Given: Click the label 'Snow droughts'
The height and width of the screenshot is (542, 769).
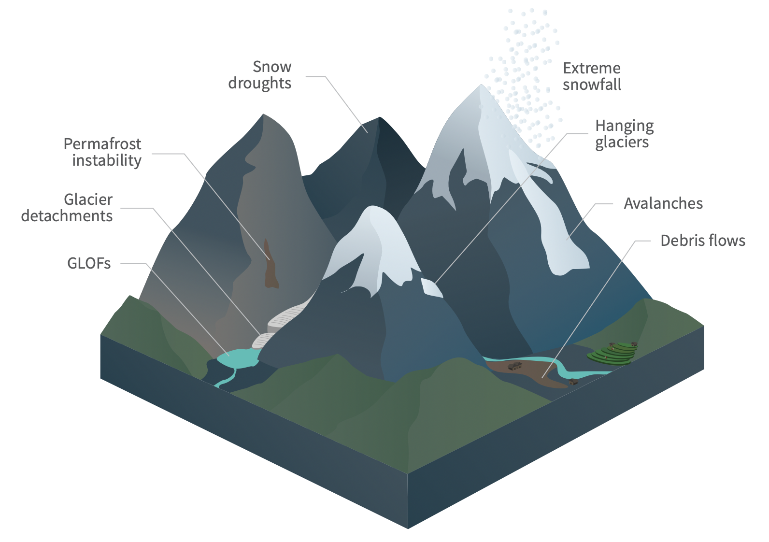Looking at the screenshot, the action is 260,75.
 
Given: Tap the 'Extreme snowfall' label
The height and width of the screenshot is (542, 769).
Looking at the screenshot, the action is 592,76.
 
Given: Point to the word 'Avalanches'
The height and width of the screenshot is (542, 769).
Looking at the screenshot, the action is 663,203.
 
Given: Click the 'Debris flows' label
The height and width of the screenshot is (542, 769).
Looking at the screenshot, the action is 703,241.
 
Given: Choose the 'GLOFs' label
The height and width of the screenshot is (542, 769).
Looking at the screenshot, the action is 89,264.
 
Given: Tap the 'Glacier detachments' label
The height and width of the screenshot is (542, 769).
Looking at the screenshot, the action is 67,208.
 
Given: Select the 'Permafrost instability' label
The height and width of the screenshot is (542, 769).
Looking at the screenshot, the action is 102,152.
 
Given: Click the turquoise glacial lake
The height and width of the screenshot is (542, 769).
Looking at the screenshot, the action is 238,358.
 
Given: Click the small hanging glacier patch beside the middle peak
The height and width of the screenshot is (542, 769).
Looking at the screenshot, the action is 431,287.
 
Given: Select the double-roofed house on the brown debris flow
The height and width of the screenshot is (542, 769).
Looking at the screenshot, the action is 515,366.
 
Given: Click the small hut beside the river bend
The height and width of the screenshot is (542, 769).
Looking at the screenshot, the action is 573,382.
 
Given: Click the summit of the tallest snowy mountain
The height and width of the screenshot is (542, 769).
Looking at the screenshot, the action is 481,86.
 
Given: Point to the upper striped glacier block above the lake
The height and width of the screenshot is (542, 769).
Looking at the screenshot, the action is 286,318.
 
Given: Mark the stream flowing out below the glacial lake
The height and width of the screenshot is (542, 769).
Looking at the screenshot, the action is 227,378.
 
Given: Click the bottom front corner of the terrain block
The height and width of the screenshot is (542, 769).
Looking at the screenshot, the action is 408,528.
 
